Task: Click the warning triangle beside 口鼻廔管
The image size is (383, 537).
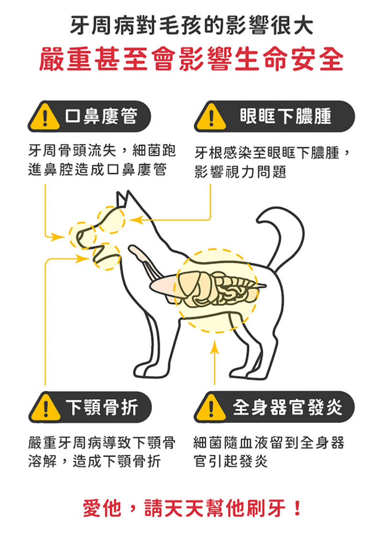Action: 45,117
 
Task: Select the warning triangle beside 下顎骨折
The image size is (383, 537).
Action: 45,407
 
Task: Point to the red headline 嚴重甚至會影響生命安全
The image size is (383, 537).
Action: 191,59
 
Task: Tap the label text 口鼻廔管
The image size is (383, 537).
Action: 101,116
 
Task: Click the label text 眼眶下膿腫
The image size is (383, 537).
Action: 285,116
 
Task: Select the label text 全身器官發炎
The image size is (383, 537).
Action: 287,407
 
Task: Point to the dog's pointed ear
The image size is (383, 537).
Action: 124,199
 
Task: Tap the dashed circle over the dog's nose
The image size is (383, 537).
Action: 82,235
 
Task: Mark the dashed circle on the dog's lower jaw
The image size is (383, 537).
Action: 106,257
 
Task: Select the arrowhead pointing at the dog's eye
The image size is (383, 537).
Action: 135,220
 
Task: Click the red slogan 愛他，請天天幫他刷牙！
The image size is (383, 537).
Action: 192,508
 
